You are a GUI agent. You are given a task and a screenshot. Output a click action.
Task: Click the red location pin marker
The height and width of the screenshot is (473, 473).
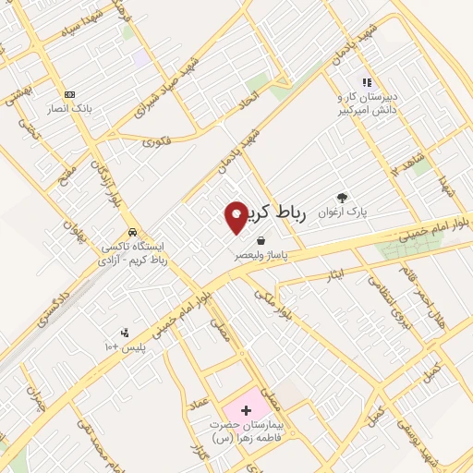pos(236,216)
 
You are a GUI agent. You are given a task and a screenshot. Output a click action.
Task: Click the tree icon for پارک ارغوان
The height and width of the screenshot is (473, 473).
pos(343,198)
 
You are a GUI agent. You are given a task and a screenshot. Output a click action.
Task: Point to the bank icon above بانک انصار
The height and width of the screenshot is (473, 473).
pos(68,94)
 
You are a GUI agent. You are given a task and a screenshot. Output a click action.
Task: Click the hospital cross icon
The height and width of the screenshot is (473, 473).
pos(245,408)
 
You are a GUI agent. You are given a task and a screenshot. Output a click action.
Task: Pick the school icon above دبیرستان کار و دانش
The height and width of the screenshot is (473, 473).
pos(366,82)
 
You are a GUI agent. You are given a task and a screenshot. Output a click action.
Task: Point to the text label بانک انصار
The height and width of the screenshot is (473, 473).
pos(69,109)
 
